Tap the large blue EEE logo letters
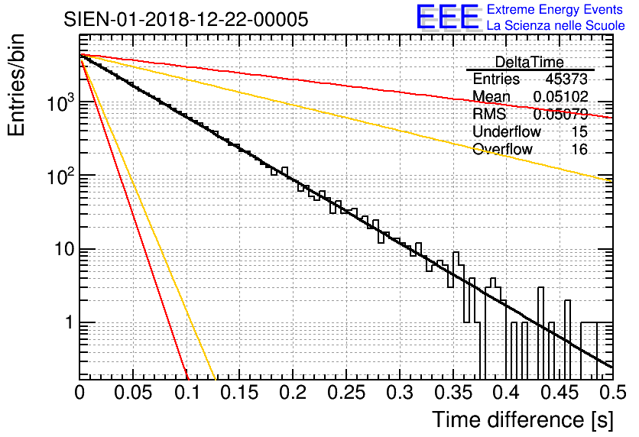pyautogui.click(x=447, y=18)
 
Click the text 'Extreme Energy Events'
pyautogui.click(x=556, y=10)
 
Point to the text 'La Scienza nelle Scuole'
pyautogui.click(x=556, y=26)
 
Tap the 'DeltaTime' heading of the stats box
pyautogui.click(x=529, y=62)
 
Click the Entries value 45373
pyautogui.click(x=566, y=79)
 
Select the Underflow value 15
pyautogui.click(x=579, y=132)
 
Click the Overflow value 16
pyautogui.click(x=579, y=150)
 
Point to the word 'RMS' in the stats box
pyautogui.click(x=489, y=115)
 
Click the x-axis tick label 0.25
pyautogui.click(x=345, y=393)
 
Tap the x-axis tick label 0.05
pyautogui.click(x=133, y=393)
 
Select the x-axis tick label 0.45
pyautogui.click(x=558, y=393)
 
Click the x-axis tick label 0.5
pyautogui.click(x=611, y=393)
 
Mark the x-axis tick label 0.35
pyautogui.click(x=452, y=393)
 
